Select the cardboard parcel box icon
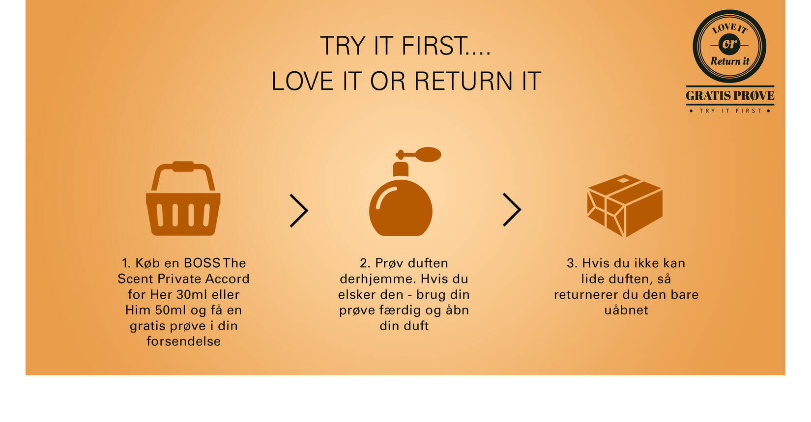click(x=625, y=205)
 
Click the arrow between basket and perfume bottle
click(x=299, y=211)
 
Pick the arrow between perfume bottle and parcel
click(x=512, y=210)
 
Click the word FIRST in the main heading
click(x=446, y=46)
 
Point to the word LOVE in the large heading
click(x=302, y=81)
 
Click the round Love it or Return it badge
click(x=729, y=46)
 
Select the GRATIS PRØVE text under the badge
click(x=730, y=96)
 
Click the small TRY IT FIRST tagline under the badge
click(x=730, y=111)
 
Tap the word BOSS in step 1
click(x=202, y=263)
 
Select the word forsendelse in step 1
click(x=183, y=341)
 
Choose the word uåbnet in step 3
click(x=626, y=310)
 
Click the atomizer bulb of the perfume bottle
click(x=428, y=155)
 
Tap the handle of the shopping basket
click(x=183, y=167)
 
